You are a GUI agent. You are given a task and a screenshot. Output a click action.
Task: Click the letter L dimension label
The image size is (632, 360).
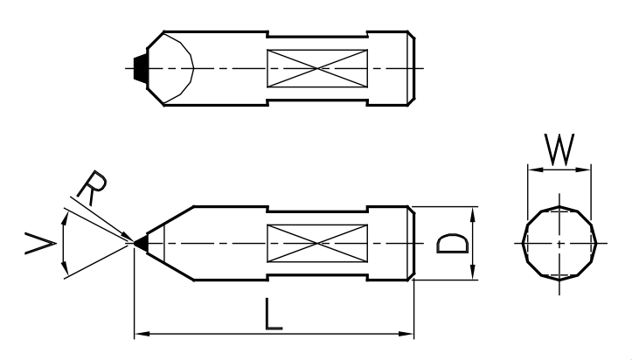point(274,314)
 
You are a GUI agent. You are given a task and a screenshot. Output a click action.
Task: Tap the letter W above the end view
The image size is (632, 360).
point(559,149)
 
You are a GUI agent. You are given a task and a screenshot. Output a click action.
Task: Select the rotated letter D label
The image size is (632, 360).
point(453,244)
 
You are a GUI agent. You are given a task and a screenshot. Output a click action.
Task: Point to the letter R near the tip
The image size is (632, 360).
point(92,188)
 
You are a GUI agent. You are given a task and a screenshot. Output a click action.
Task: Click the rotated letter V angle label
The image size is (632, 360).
point(40,244)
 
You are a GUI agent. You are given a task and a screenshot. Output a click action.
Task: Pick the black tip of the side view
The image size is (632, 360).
point(141,243)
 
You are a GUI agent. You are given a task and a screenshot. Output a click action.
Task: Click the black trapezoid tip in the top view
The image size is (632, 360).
point(141,69)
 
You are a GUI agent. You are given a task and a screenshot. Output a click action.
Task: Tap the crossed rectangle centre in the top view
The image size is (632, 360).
point(317,68)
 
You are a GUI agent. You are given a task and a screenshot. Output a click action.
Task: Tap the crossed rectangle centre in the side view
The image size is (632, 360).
point(317,243)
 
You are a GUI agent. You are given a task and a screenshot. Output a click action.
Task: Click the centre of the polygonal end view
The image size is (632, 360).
point(559,243)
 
